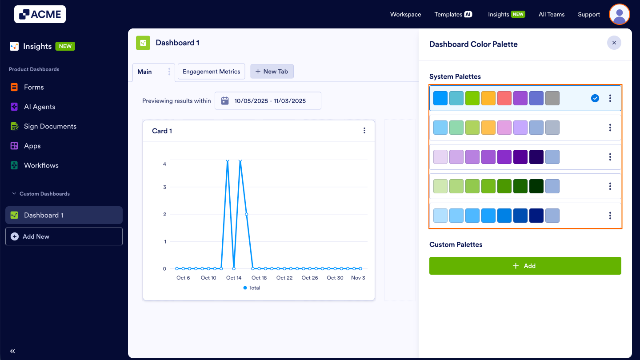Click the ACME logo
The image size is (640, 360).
tap(40, 14)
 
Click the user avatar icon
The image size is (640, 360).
tap(619, 14)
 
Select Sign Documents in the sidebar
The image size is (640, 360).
tap(50, 126)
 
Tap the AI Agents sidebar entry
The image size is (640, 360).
tap(40, 107)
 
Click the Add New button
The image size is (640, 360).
tap(64, 236)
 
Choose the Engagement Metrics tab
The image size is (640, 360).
tap(211, 72)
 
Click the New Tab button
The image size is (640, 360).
tap(272, 72)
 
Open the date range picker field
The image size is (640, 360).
tap(268, 101)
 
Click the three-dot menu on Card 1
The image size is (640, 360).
tap(364, 131)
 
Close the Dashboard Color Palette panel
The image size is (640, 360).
tap(614, 43)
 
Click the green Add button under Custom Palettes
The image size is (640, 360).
tap(525, 266)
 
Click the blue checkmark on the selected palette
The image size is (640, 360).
tap(595, 98)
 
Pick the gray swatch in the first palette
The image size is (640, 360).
tap(552, 98)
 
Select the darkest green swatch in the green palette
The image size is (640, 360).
tap(536, 186)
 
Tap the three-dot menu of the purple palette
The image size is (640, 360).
tap(610, 157)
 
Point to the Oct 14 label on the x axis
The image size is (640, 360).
tap(234, 278)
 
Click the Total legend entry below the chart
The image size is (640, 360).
tap(252, 288)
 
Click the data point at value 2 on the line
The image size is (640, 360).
tap(246, 214)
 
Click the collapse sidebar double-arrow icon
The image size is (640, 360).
tap(12, 351)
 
